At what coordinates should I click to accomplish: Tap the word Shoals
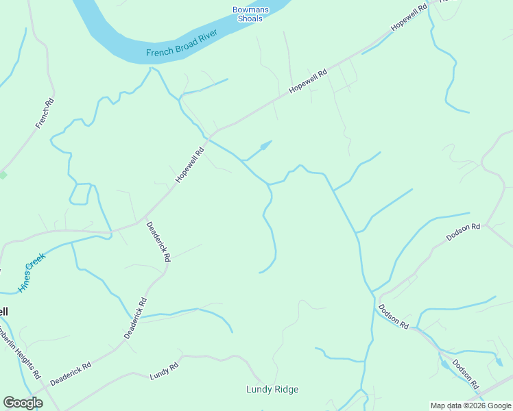point(250,18)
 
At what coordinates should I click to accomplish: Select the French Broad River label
point(181,42)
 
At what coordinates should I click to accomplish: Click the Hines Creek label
point(32,273)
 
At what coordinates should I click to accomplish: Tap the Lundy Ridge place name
point(272,390)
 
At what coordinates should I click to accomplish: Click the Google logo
point(23,403)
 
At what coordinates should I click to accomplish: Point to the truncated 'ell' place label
point(4,312)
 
